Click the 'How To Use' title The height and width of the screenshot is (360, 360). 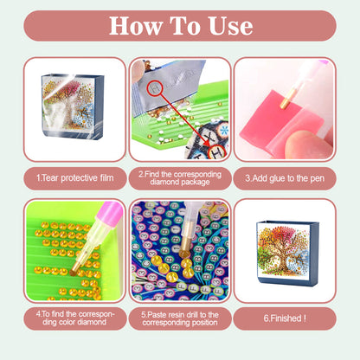tap(180, 26)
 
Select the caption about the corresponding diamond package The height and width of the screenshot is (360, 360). tap(179, 177)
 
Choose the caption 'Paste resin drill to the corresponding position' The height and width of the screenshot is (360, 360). tap(179, 318)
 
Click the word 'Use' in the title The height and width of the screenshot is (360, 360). tap(227, 26)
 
